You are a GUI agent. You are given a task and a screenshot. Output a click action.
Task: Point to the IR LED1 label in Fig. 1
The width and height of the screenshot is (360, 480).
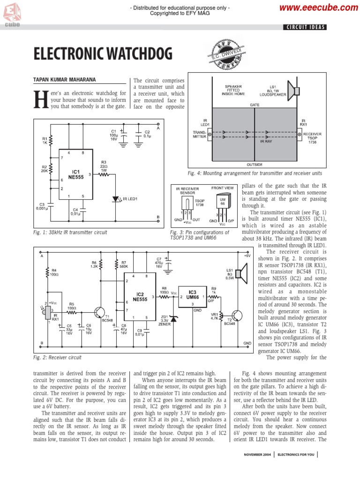pyautogui.click(x=130, y=199)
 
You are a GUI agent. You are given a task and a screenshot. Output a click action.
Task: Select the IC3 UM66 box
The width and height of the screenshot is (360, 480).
pyautogui.click(x=192, y=294)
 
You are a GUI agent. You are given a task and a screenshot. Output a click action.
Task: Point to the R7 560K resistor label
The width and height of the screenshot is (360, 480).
pyautogui.click(x=124, y=265)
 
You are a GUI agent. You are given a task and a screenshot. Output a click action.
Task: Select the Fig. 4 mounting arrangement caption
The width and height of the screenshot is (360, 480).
pyautogui.click(x=255, y=173)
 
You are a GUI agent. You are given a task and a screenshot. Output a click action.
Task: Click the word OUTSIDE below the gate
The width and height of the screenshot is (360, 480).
pyautogui.click(x=255, y=165)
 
